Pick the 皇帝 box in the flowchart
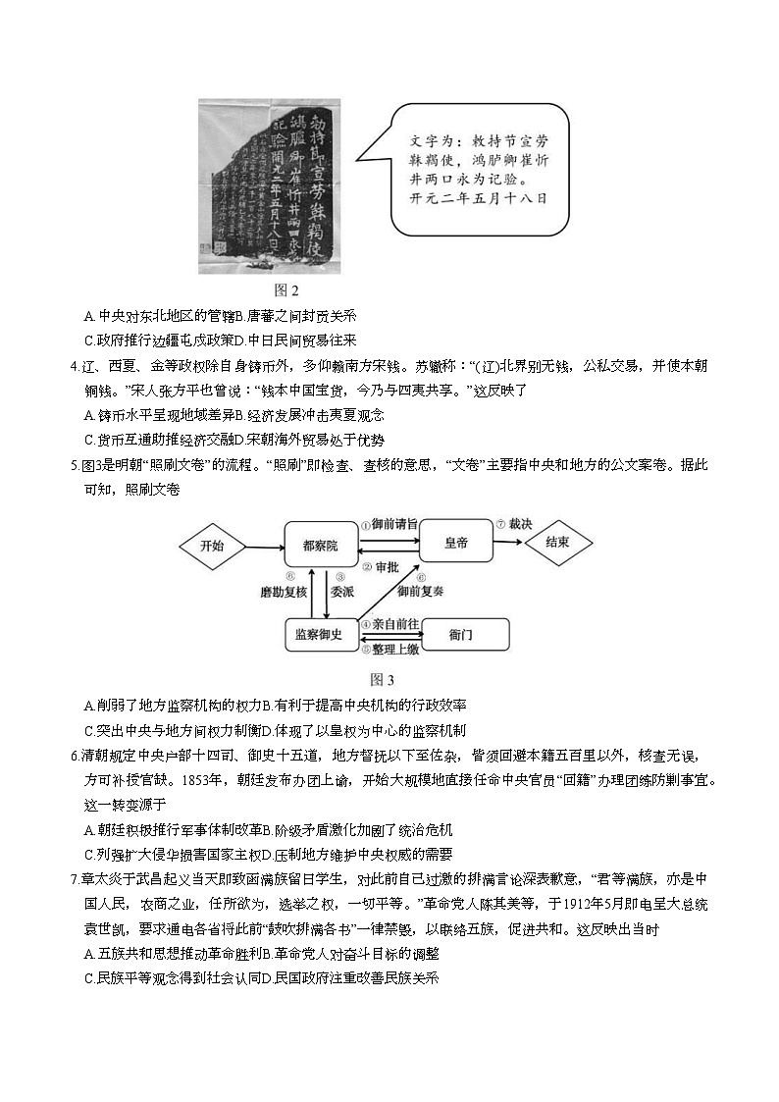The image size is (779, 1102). point(456,541)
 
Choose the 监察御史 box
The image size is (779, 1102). point(318,635)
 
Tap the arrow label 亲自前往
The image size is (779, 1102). point(394,623)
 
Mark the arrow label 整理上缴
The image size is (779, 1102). point(394,649)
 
